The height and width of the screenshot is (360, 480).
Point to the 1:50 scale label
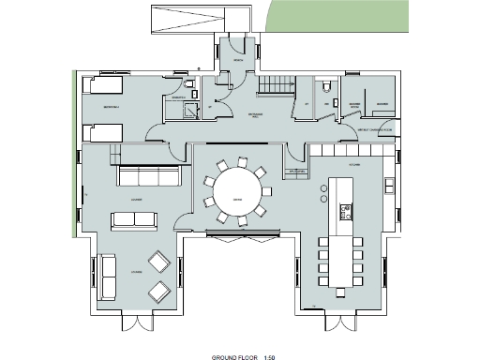coord(270,357)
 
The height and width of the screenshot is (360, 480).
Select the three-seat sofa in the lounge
coord(148,176)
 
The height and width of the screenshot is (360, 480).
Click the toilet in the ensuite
coord(190,87)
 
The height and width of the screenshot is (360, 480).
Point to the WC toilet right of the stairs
coord(326,87)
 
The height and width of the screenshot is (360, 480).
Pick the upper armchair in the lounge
coord(157,262)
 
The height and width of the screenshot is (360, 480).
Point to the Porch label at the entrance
coord(239,59)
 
